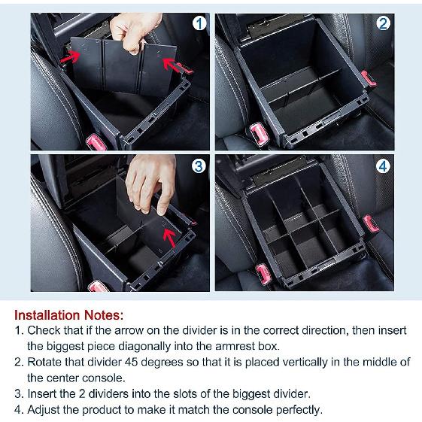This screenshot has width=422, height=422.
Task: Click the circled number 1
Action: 199,23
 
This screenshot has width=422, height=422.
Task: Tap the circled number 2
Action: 384,23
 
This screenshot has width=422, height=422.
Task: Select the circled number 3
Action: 199,166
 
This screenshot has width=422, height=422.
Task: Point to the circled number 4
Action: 384,166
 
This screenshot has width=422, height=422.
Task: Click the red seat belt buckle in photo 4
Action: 372,224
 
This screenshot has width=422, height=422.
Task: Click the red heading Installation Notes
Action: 68,314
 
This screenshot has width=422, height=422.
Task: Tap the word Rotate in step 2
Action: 45,362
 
